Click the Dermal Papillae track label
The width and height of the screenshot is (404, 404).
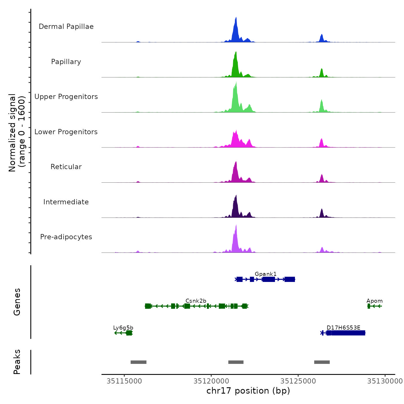66,27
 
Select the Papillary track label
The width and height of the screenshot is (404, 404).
66,62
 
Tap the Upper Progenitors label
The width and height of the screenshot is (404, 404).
66,97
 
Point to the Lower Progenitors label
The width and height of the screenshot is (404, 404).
66,132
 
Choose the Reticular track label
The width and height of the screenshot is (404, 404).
66,167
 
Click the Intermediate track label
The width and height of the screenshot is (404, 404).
66,202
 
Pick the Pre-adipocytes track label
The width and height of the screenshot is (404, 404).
66,237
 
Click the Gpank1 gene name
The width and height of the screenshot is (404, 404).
265,274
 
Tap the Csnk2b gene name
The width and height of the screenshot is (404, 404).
196,301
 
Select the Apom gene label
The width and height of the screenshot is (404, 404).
374,301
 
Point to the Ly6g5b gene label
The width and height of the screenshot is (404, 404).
123,328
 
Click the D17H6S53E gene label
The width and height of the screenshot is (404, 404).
343,328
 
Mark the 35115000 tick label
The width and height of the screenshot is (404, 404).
124,381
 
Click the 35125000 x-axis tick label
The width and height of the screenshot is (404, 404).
298,381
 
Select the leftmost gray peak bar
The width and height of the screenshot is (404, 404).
139,362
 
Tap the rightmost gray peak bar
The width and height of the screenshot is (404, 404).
322,362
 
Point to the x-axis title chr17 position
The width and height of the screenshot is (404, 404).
248,391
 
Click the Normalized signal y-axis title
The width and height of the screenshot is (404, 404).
17,133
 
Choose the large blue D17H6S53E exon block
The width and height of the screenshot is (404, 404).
348,333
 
